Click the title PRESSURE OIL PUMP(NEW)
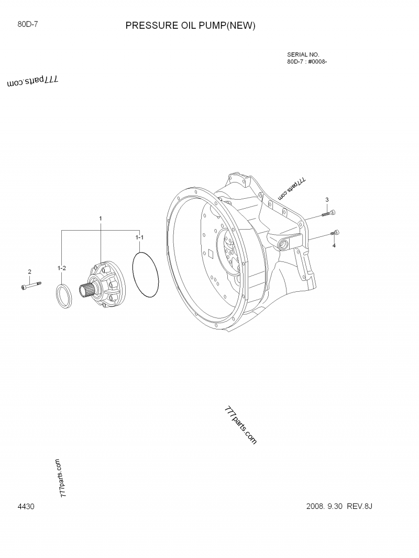click(190, 26)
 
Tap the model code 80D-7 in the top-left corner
click(27, 23)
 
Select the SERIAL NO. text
click(303, 54)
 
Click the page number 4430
click(26, 507)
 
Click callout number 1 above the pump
click(101, 218)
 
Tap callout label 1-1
click(139, 237)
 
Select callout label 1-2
click(61, 268)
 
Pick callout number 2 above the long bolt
click(29, 271)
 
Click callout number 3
click(327, 200)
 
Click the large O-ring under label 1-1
click(145, 275)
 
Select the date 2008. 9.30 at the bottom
click(323, 507)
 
